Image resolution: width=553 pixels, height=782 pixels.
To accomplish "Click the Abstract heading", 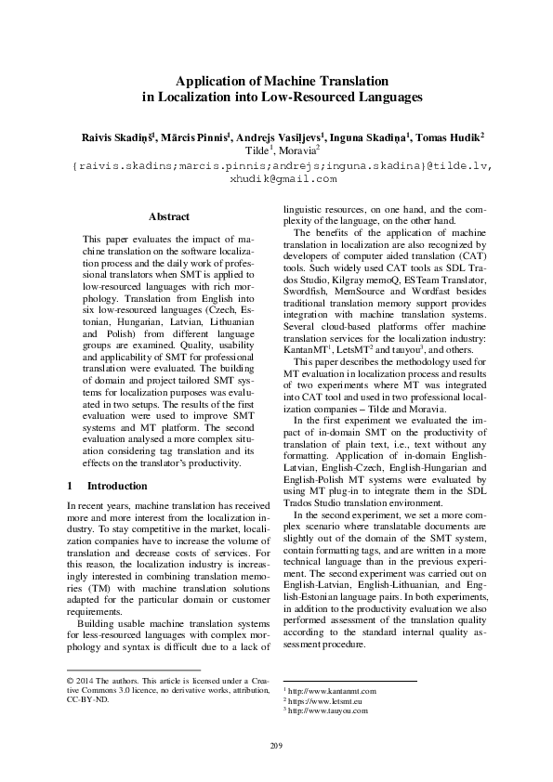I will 169,217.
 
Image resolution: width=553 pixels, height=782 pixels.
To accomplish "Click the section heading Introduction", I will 117,486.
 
